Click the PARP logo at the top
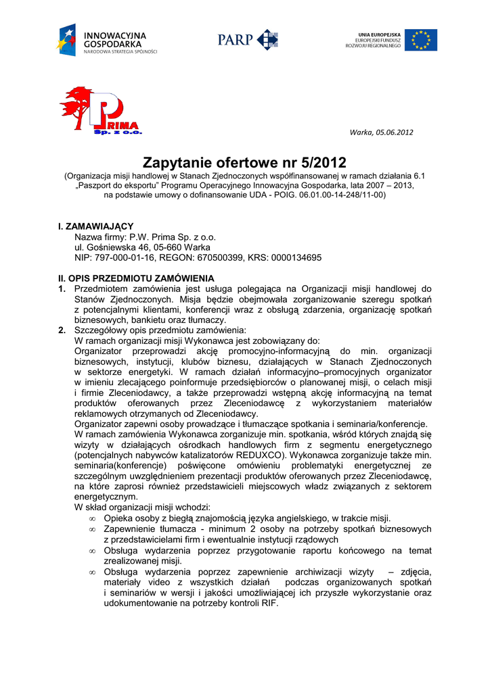(248, 39)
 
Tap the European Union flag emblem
(420, 40)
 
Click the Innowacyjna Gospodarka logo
(108, 41)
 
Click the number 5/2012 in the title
(323, 163)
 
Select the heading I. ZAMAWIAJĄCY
(95, 226)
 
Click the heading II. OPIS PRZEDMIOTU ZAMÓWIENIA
(135, 278)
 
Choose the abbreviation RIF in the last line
(269, 603)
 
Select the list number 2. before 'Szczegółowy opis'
(62, 330)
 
